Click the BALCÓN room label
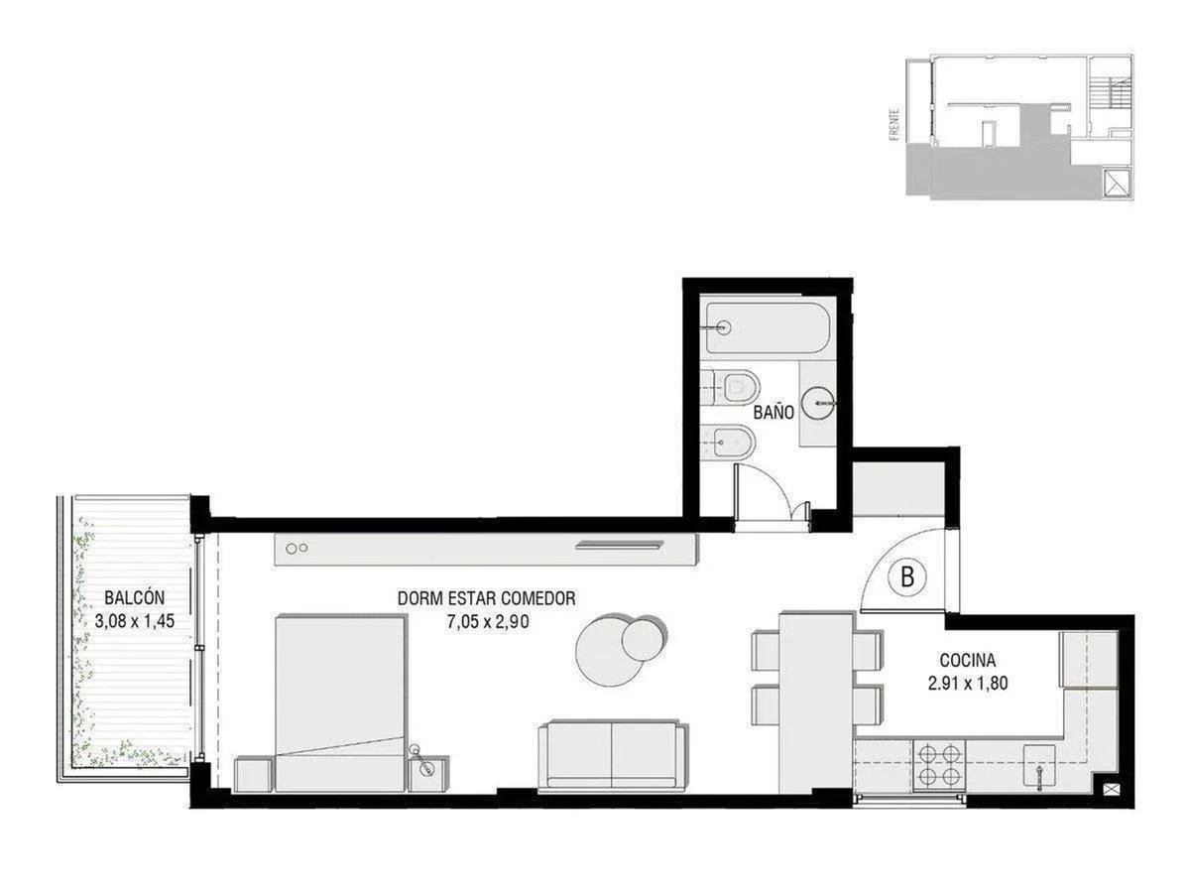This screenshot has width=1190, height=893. (134, 598)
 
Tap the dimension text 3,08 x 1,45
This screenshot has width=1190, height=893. (134, 622)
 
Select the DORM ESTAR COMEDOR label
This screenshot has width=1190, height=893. (486, 598)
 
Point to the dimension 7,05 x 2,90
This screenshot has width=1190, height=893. (486, 622)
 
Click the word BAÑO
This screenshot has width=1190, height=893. (773, 412)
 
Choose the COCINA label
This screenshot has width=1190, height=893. (967, 659)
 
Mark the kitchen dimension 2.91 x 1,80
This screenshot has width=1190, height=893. (967, 683)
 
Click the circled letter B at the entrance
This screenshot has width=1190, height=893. (906, 575)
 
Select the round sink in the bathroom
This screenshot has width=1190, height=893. (819, 403)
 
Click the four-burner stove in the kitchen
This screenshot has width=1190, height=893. (938, 764)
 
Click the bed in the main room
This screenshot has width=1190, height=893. (339, 702)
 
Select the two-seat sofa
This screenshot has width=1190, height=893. (612, 756)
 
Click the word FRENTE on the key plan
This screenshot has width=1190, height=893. (894, 124)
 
